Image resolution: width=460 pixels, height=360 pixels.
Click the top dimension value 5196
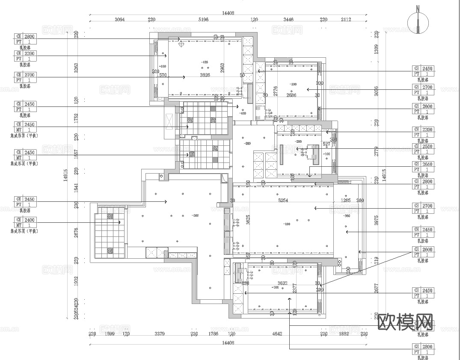(204, 20)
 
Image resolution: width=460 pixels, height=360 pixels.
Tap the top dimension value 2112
(346, 20)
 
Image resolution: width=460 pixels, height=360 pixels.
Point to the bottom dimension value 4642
(277, 334)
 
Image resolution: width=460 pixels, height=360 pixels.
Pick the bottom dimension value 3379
(160, 334)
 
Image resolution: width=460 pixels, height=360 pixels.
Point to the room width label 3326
(205, 75)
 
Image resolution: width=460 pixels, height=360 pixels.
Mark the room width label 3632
(282, 283)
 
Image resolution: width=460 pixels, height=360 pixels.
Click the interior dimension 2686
(291, 95)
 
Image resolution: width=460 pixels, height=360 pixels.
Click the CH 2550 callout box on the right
(423, 149)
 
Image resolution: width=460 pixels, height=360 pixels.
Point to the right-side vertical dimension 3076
(377, 91)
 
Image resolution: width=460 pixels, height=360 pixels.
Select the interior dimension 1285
(346, 200)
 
